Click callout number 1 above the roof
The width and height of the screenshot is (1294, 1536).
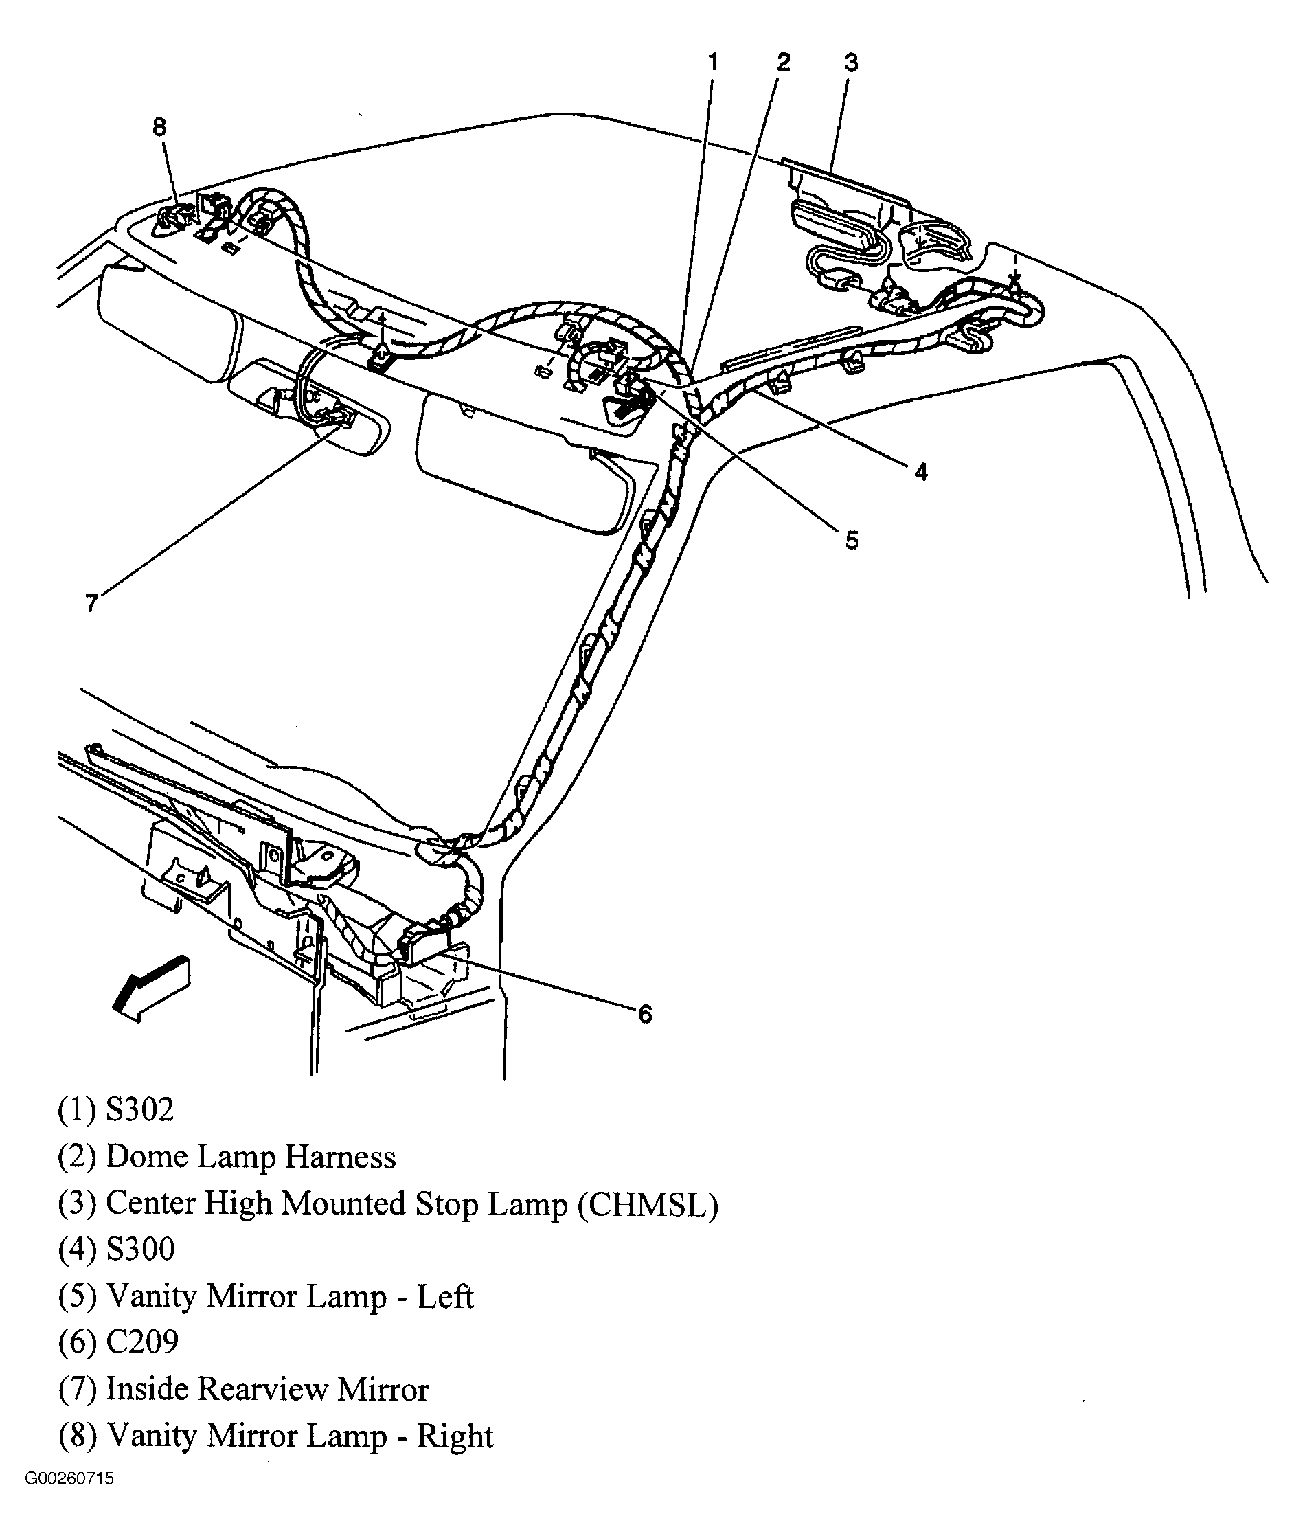(x=712, y=63)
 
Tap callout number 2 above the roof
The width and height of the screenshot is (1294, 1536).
(x=784, y=63)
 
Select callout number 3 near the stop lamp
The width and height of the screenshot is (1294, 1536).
(x=851, y=63)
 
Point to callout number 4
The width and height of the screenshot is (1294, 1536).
(x=920, y=472)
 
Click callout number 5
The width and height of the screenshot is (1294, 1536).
(x=851, y=541)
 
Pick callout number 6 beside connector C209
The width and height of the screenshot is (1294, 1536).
(x=645, y=1015)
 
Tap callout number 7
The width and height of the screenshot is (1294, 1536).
(x=91, y=603)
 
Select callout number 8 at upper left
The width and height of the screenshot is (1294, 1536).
(x=159, y=127)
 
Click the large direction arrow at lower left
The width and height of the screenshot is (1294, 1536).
(x=150, y=987)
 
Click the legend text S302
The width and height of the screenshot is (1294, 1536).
(x=139, y=1110)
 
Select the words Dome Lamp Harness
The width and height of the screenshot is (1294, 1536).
(x=251, y=1157)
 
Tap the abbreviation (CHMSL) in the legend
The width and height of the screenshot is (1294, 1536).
(x=647, y=1204)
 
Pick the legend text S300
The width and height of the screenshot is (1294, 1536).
(x=140, y=1249)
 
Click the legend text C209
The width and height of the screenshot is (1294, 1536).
(x=142, y=1342)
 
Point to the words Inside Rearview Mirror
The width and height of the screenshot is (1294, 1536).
(x=267, y=1388)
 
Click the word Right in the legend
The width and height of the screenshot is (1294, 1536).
(x=455, y=1436)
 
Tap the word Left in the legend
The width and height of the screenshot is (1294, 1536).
(x=444, y=1296)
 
